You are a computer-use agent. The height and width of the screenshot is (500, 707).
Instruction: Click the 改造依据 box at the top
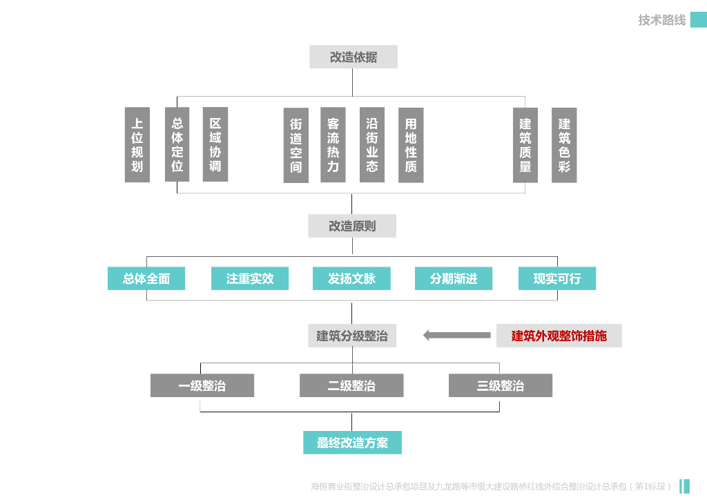tap(353, 57)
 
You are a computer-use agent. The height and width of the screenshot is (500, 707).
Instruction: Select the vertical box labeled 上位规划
tap(137, 145)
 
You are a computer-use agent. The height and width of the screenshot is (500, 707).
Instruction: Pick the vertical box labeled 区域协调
tap(215, 145)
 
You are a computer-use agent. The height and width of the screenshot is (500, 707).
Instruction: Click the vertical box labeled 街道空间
tap(296, 145)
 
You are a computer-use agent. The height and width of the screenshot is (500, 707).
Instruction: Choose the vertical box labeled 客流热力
tap(333, 145)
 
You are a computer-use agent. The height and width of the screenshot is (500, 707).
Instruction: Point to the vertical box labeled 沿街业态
tap(372, 145)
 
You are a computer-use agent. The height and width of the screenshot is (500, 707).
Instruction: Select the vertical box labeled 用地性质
tap(411, 145)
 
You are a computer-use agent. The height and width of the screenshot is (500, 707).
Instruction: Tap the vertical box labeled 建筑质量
tap(525, 145)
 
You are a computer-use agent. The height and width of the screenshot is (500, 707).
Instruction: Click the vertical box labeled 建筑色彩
tap(564, 145)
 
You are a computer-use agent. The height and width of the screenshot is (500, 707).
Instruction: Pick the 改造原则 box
tap(352, 226)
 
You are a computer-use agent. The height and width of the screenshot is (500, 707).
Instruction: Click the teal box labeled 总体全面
tap(146, 278)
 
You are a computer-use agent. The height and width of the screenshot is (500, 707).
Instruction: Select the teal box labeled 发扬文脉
tap(352, 278)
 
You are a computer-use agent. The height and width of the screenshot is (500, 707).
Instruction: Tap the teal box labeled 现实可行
tap(556, 278)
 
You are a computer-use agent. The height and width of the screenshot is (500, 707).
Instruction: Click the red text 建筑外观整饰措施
tap(559, 336)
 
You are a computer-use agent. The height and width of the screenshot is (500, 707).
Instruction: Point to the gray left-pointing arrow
tap(456, 336)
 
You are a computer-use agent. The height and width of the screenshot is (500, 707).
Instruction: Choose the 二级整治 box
tap(351, 385)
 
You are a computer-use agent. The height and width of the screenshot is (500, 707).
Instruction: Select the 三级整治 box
tap(500, 385)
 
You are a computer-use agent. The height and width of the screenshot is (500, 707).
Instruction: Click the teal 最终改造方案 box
tap(352, 443)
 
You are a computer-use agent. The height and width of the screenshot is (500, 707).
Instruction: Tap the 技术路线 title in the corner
tap(661, 20)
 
